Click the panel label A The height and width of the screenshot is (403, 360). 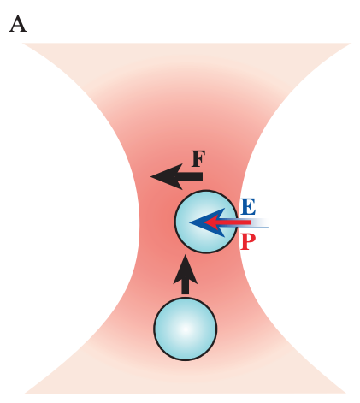click(x=18, y=23)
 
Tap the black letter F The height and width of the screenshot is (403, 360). click(x=198, y=158)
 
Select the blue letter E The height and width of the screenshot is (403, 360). click(x=248, y=206)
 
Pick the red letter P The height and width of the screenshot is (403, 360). click(x=248, y=241)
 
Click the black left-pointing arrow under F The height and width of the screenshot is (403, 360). click(x=177, y=177)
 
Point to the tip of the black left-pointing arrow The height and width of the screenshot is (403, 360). click(x=151, y=177)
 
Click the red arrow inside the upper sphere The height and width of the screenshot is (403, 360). click(x=225, y=222)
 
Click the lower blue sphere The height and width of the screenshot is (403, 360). click(x=185, y=329)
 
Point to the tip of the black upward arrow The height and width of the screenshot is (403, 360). click(x=185, y=256)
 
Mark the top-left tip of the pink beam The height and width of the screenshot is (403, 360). click(x=25, y=44)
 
